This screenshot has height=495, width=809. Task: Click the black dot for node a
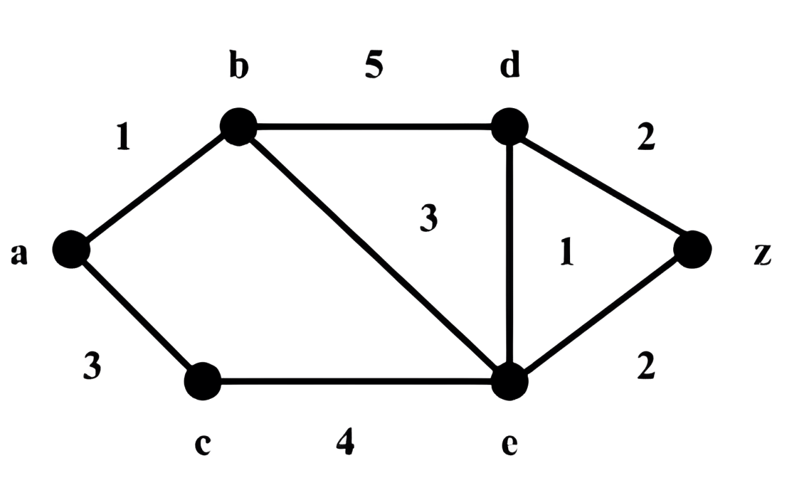71,249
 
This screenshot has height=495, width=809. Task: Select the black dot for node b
238,126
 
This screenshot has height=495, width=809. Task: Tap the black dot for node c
203,381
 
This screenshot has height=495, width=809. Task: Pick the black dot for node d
509,126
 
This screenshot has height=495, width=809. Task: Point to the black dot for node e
509,381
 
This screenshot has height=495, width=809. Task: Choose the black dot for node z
692,249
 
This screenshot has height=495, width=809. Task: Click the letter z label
762,255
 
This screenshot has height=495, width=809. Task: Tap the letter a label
19,255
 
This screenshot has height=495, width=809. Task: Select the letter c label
203,445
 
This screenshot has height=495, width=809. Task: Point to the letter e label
509,445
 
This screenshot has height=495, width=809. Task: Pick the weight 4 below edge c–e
345,441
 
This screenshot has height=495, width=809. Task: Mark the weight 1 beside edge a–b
123,137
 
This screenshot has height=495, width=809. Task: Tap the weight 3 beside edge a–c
92,367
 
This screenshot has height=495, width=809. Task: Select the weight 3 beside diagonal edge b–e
429,218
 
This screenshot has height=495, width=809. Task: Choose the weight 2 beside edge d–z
646,137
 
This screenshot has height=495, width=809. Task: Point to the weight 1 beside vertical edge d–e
567,252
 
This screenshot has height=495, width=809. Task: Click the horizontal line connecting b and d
374,127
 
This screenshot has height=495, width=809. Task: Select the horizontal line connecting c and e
356,381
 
